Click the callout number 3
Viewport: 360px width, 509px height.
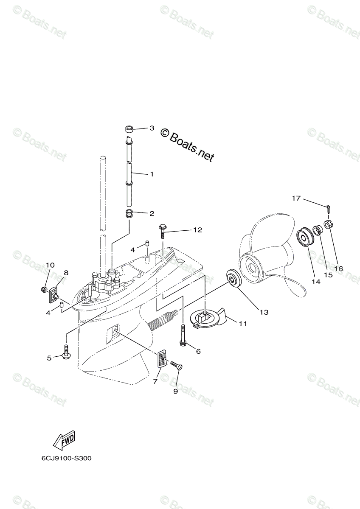[x=152, y=128]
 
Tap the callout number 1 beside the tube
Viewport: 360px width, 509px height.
[x=152, y=174]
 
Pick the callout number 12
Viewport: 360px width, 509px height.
[x=197, y=230]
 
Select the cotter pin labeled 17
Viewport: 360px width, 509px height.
[x=329, y=207]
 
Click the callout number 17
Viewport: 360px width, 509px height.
[x=296, y=198]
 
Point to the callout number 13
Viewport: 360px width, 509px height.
[x=264, y=312]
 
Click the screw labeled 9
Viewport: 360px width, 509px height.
[x=176, y=366]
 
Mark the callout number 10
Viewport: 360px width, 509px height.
[x=50, y=265]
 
